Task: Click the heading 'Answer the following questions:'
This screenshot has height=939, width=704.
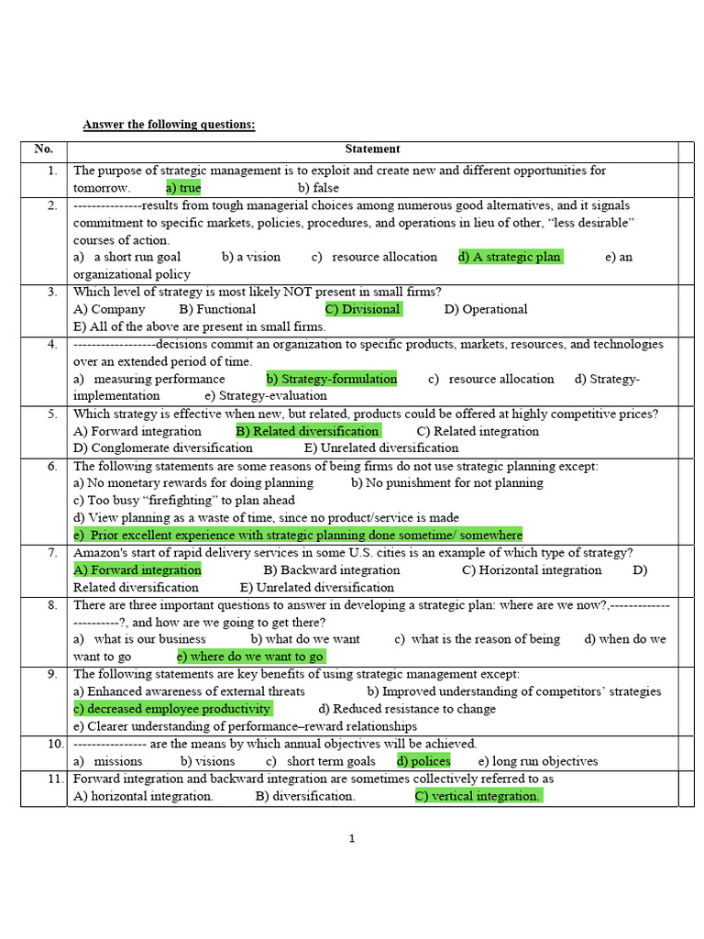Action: tap(169, 125)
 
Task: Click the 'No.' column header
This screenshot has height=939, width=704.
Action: tap(44, 149)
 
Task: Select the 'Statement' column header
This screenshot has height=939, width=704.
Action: tap(372, 149)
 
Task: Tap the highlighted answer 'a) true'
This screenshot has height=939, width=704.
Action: tap(183, 188)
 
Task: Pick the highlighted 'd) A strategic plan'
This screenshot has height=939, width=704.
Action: tap(510, 257)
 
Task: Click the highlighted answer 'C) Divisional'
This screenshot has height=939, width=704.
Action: tap(363, 309)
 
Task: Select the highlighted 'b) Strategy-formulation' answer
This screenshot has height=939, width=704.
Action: tap(332, 379)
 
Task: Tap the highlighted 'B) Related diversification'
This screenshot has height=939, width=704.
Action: tap(308, 431)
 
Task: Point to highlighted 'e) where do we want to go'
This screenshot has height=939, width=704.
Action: tap(251, 657)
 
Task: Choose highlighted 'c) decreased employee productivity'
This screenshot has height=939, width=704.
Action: tap(172, 709)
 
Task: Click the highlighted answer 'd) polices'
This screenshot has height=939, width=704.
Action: tap(423, 761)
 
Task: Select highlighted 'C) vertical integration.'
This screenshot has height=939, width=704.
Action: tap(478, 796)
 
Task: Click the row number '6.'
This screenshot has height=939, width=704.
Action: tap(52, 466)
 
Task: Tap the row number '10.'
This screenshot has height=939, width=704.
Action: tap(49, 744)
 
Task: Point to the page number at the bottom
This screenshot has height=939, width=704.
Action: tap(351, 838)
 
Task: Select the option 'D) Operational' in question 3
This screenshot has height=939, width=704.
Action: tap(486, 309)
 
